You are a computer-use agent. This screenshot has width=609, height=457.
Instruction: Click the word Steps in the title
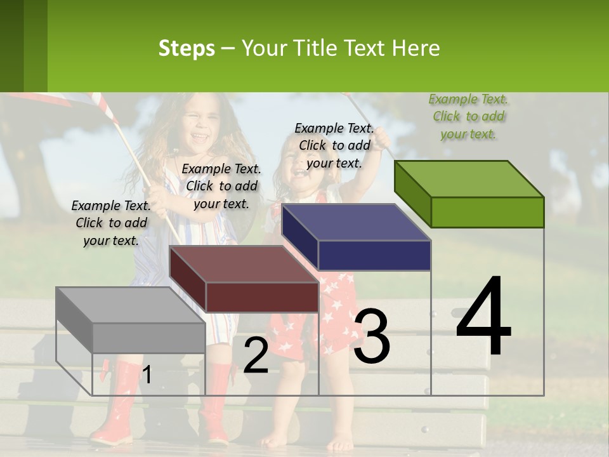coord(186,48)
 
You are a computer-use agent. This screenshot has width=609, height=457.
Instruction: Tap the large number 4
coord(483,317)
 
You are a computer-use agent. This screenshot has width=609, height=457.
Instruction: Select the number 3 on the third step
coord(372,337)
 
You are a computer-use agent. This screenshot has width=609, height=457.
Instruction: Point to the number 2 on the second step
coord(256,355)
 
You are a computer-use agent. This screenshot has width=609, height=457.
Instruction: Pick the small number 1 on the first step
coord(147,375)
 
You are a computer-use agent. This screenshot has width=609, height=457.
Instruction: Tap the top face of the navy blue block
coord(356,222)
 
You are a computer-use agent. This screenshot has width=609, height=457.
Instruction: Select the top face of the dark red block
coord(243,264)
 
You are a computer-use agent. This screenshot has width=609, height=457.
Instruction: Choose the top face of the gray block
coord(130,305)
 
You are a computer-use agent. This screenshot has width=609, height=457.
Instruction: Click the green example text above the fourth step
coord(468,116)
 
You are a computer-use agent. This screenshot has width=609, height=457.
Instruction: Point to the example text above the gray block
coord(111,223)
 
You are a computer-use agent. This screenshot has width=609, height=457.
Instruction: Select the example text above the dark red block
coord(221,186)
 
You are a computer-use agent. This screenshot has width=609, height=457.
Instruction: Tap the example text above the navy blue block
coord(334,145)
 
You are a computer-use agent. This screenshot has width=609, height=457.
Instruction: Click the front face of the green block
coord(487,212)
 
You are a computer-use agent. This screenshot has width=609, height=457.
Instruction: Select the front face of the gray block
coord(148,338)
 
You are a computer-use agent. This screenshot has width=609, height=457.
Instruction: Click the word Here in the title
coord(416,48)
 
